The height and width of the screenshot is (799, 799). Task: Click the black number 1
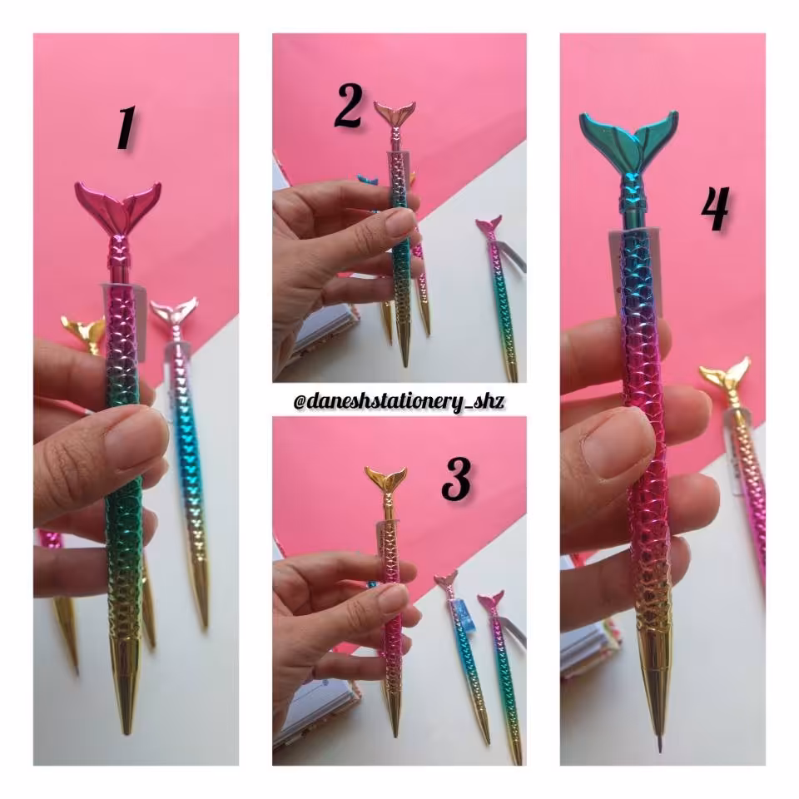(126, 128)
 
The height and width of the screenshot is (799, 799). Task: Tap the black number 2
(349, 106)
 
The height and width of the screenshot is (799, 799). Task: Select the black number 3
(457, 479)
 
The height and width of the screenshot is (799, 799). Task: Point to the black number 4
(716, 208)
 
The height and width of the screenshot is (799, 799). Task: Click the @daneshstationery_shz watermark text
(399, 401)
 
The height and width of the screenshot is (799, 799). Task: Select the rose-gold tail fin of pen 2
(395, 114)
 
